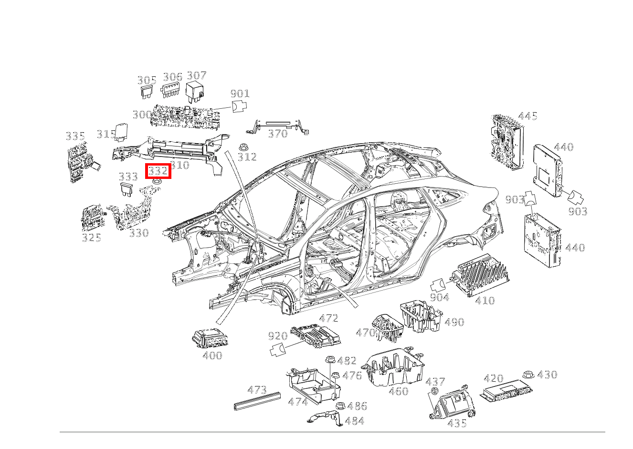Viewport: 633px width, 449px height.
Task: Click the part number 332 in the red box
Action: click(158, 171)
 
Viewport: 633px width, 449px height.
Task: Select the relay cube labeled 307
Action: click(195, 92)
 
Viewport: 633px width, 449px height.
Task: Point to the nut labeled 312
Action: click(243, 147)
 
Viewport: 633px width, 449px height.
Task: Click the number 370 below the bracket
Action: click(278, 134)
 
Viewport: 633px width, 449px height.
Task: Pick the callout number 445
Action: click(527, 116)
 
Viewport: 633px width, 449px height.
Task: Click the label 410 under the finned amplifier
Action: click(485, 301)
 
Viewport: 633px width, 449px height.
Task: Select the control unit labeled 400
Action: click(210, 338)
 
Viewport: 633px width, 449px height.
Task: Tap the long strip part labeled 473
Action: click(257, 401)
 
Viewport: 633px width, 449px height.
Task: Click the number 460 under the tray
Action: click(399, 391)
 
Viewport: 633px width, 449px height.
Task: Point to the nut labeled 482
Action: click(330, 360)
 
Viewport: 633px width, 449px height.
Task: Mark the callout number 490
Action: click(454, 322)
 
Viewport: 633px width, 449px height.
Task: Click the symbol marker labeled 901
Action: click(239, 106)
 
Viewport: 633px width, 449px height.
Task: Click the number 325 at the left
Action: click(91, 238)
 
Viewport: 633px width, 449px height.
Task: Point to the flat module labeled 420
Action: click(506, 391)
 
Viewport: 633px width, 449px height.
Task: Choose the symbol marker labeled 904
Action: click(438, 285)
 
